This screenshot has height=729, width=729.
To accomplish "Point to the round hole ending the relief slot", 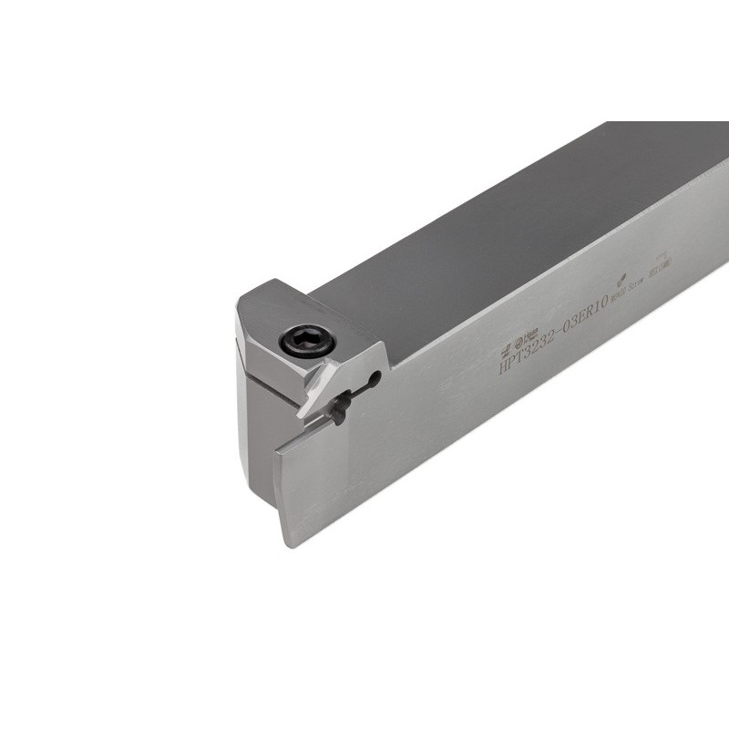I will (x=374, y=376).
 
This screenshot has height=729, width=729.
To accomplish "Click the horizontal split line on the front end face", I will (x=264, y=376).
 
